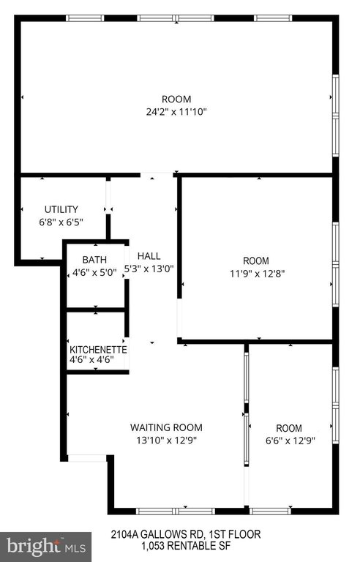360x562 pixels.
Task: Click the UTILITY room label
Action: (61, 209)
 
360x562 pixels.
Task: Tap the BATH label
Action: (94, 260)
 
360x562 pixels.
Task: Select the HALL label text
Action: (149, 256)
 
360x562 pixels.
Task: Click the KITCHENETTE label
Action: (98, 350)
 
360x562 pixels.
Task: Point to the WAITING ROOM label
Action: (166, 427)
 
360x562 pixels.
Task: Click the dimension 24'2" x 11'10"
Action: (176, 112)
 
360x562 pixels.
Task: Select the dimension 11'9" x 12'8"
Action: (257, 274)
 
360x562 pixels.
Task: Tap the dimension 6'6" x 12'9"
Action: (290, 441)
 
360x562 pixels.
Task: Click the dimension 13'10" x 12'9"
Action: (166, 440)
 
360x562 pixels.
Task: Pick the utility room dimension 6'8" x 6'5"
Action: (61, 222)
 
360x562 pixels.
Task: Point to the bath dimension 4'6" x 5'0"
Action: (94, 273)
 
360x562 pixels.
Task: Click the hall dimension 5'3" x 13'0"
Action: (149, 269)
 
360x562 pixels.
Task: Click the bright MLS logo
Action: (46, 547)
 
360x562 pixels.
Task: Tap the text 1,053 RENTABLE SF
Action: (186, 546)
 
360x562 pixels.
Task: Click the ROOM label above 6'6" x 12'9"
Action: (289, 428)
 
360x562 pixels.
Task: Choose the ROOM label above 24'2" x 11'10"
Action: (176, 99)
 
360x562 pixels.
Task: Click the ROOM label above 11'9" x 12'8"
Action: (256, 261)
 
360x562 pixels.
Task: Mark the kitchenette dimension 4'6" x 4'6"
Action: (91, 359)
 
